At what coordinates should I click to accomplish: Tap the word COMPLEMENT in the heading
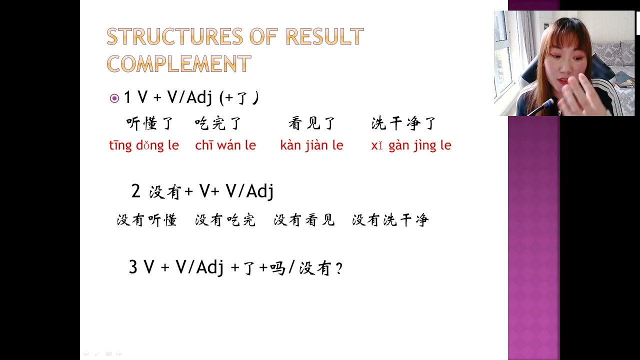[x=178, y=64]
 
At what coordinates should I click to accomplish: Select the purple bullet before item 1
[x=114, y=98]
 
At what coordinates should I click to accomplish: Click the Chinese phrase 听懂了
[x=149, y=123]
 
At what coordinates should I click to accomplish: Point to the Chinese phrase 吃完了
[x=218, y=123]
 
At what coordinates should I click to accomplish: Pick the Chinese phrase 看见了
[x=312, y=123]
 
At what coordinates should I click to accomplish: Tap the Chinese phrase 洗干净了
[x=404, y=123]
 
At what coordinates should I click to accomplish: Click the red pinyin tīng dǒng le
[x=144, y=145]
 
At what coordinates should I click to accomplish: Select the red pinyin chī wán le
[x=225, y=145]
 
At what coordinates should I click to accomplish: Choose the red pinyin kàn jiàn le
[x=311, y=145]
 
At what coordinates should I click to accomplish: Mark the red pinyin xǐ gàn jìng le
[x=411, y=145]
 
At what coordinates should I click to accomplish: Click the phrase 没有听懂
[x=147, y=220]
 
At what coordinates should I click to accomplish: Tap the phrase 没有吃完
[x=225, y=220]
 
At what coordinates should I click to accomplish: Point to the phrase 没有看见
[x=304, y=220]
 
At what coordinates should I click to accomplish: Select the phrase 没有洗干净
[x=390, y=220]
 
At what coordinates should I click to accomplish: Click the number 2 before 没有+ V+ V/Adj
[x=135, y=191]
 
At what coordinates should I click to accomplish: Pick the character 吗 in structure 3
[x=277, y=268]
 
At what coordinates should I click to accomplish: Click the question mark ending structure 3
[x=339, y=269]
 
